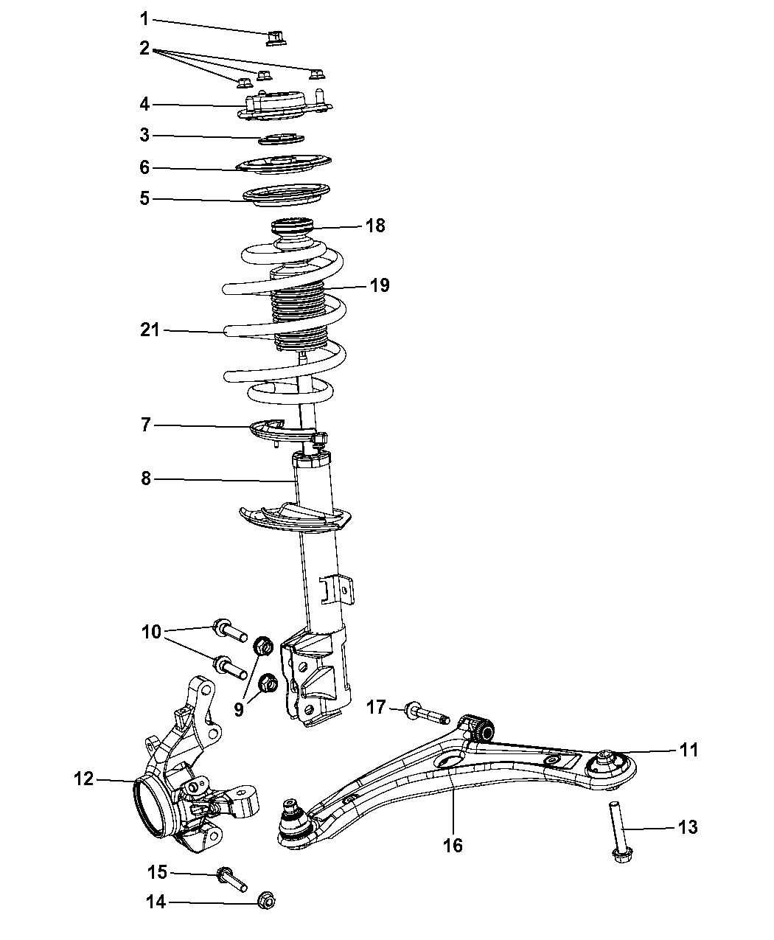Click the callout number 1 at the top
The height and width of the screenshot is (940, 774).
tap(144, 18)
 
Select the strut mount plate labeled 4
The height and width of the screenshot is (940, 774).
tap(283, 105)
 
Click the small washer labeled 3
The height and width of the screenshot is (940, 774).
tap(282, 139)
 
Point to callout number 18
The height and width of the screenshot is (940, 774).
tap(375, 225)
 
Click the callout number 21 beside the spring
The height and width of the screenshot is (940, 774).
tap(150, 330)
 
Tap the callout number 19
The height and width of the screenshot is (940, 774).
tap(380, 285)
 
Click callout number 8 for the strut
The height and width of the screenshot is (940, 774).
tap(146, 479)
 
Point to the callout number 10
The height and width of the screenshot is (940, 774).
tap(150, 632)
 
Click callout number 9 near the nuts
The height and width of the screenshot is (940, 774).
tap(239, 709)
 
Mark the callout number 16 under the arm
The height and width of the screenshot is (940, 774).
tap(453, 845)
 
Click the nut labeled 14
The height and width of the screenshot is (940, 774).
tap(267, 900)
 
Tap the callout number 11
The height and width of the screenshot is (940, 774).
tap(688, 750)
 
